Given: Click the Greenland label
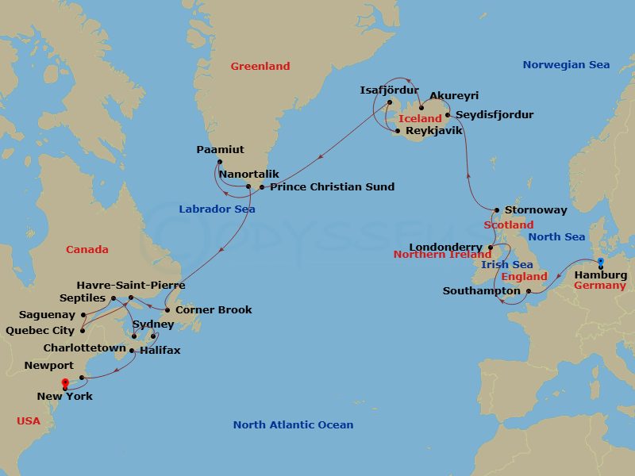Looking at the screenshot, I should coord(260,67).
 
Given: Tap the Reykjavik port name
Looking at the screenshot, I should coord(433,130).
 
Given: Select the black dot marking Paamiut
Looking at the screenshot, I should coord(219,161).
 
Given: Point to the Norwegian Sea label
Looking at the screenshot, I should coord(566,65).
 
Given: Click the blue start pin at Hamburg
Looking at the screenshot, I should coord(601,262).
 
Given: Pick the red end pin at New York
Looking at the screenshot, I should coord(65,385).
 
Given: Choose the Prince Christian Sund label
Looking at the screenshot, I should coord(332,187).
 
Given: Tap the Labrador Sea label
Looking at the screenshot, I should coord(217,209).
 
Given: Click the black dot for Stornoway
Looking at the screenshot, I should coord(497,210).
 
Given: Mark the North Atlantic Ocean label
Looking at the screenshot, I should coord(293,425).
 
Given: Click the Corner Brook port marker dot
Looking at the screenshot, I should coord(167,309).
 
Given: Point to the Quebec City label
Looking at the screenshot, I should coord(40,331).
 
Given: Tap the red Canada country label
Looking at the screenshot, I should coord(87,249).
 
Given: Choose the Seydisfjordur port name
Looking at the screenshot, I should coord(495,115).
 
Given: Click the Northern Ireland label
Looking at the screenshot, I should coord(443,255).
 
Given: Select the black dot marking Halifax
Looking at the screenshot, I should coord(132,350).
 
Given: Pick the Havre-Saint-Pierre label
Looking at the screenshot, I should coord(131,285).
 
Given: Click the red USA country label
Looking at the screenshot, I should coord(29,420).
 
